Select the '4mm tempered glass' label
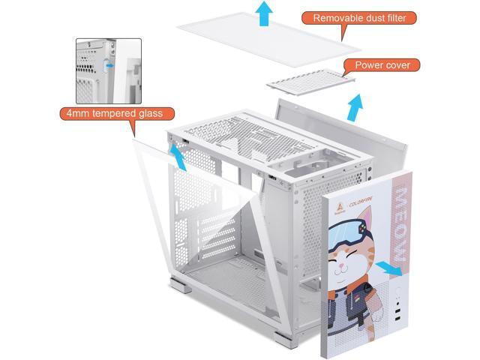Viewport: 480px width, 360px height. pos(112,115)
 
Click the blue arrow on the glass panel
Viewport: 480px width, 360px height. pos(176,156)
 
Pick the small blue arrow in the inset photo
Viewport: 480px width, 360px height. pos(111,65)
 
